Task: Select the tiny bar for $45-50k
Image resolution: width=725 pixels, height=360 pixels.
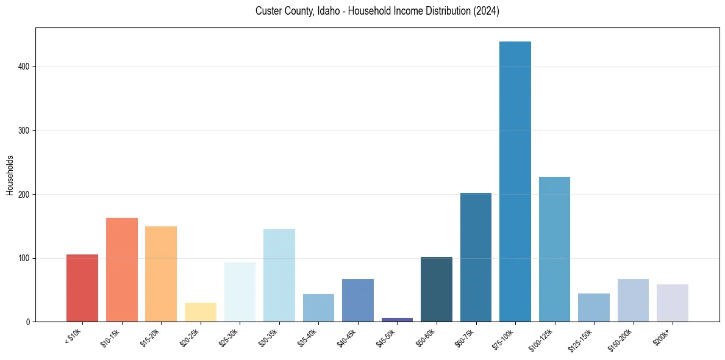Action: click(x=357, y=319)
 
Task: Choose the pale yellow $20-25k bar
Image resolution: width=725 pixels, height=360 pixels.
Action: click(x=200, y=312)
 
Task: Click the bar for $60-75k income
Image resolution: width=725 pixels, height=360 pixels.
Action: click(x=476, y=257)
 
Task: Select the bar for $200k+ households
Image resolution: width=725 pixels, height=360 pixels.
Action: click(x=672, y=303)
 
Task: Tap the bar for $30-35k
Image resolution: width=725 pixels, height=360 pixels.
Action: click(x=279, y=275)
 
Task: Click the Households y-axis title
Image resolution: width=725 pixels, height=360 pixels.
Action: click(x=10, y=175)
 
